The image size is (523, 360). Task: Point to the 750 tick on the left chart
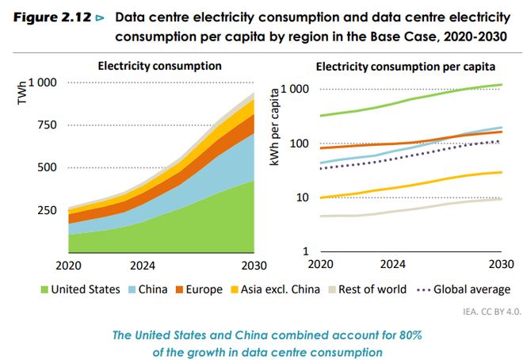coord(47,124)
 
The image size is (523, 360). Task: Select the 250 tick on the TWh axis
coord(47,209)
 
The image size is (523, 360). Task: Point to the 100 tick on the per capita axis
coord(299,144)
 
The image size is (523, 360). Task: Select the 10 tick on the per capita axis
coord(302,197)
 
